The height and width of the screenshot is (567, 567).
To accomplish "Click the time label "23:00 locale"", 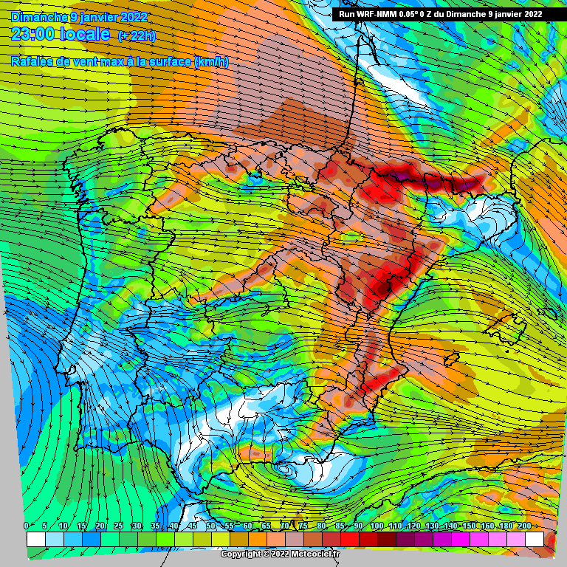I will pos(61,33).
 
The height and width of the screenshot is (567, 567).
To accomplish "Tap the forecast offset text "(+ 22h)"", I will pos(137,35).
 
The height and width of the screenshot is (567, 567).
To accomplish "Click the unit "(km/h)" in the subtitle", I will pos(211,62).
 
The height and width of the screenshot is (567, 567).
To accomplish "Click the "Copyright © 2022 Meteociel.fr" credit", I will pos(281,554).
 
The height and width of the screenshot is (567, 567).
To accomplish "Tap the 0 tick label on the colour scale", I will pos(27,525).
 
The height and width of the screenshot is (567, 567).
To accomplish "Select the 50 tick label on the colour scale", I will pos(211,525).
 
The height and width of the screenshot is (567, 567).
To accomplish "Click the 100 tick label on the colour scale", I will pos(377,525).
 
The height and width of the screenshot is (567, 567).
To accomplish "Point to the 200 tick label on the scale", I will pos(525,525).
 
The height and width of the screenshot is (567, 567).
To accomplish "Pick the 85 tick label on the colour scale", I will pos(340,525).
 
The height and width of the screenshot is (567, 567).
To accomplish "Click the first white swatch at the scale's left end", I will pos(35,539).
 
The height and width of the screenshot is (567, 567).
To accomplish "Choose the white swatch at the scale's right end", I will pos(535,539).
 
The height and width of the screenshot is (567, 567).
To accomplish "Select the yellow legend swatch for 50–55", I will pos(221,539).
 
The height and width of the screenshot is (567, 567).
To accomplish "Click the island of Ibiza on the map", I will pos(449,361).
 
